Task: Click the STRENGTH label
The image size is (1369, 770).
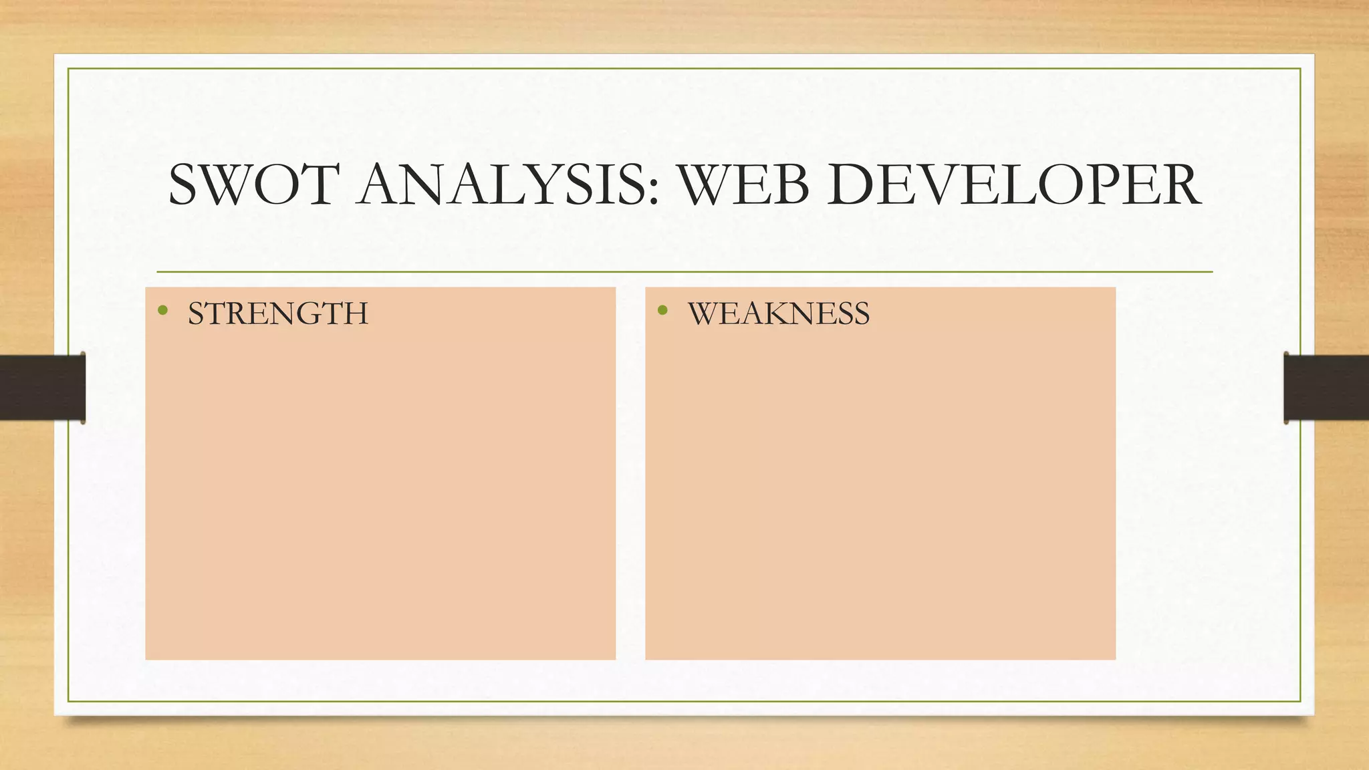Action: point(277,313)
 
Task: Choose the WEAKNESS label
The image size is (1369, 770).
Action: point(779,313)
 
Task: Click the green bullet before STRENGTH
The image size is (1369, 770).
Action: point(162,309)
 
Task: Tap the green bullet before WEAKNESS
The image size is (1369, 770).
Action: point(662,309)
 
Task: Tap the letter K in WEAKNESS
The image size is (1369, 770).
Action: point(774,313)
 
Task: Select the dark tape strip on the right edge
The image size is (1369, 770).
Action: point(1326,388)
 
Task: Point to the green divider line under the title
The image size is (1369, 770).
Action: point(684,272)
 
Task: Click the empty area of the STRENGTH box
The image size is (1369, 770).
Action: point(380,495)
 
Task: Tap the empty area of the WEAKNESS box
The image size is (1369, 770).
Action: point(880,495)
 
